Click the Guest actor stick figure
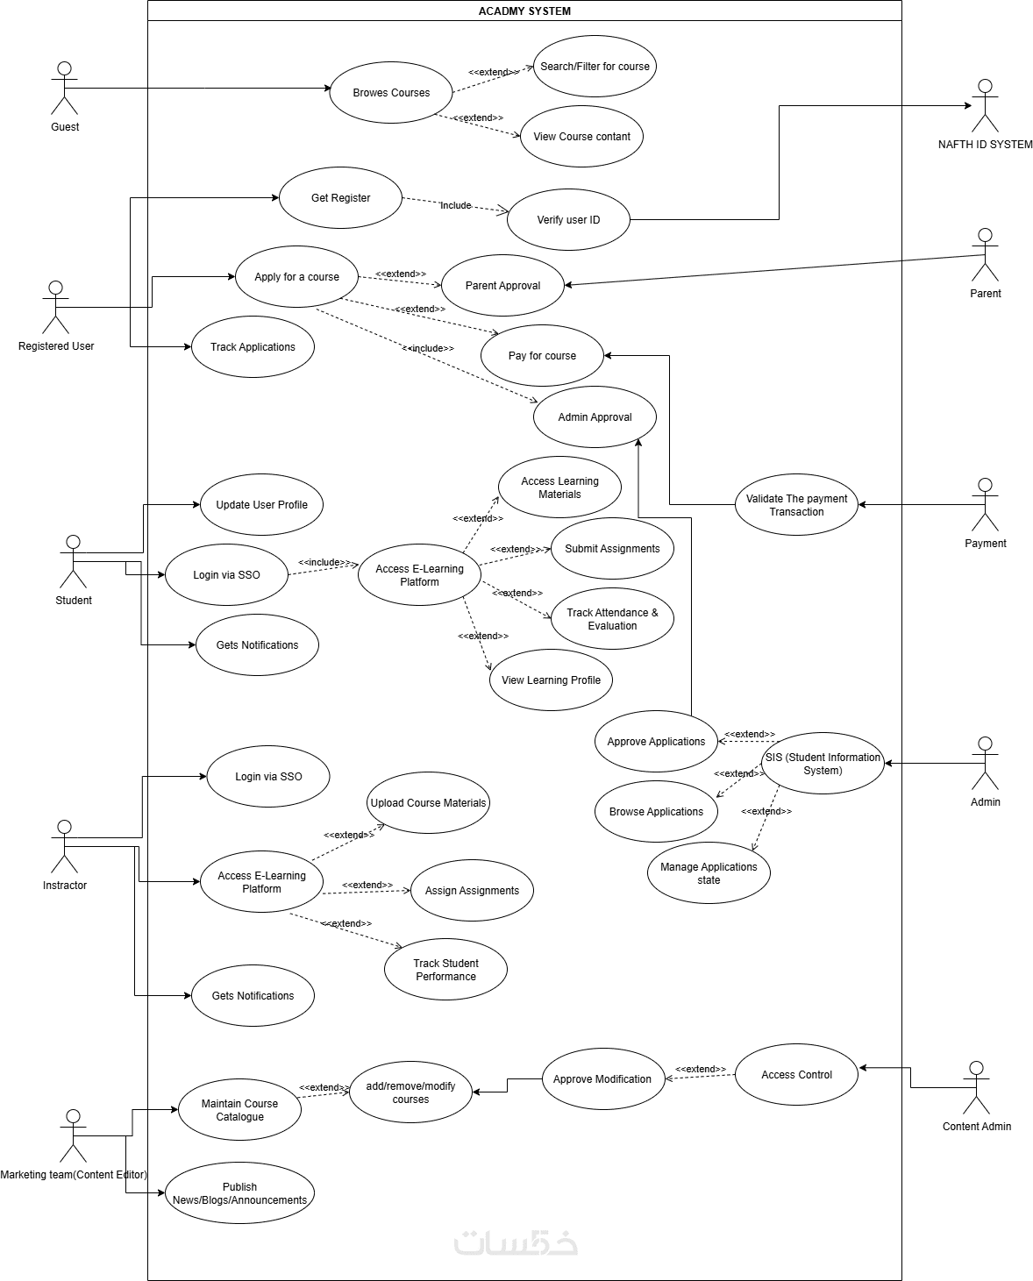pos(64,88)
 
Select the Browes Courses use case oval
pos(391,92)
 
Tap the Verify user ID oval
pos(568,219)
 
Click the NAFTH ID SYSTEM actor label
pos(985,145)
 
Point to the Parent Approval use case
pos(502,285)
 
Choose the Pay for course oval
pos(542,355)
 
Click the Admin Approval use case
pos(595,416)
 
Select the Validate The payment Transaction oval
pos(796,504)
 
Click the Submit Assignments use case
pos(612,548)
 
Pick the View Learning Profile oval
pos(551,680)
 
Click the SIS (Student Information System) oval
pos(823,763)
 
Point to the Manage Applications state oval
pos(709,872)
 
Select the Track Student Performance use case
pos(445,969)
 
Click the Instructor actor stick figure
pos(64,846)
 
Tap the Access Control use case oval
pos(796,1074)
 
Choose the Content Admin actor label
pos(976,1127)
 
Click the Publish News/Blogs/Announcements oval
pos(239,1192)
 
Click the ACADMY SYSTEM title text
pos(524,11)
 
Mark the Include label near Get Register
pos(455,205)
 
